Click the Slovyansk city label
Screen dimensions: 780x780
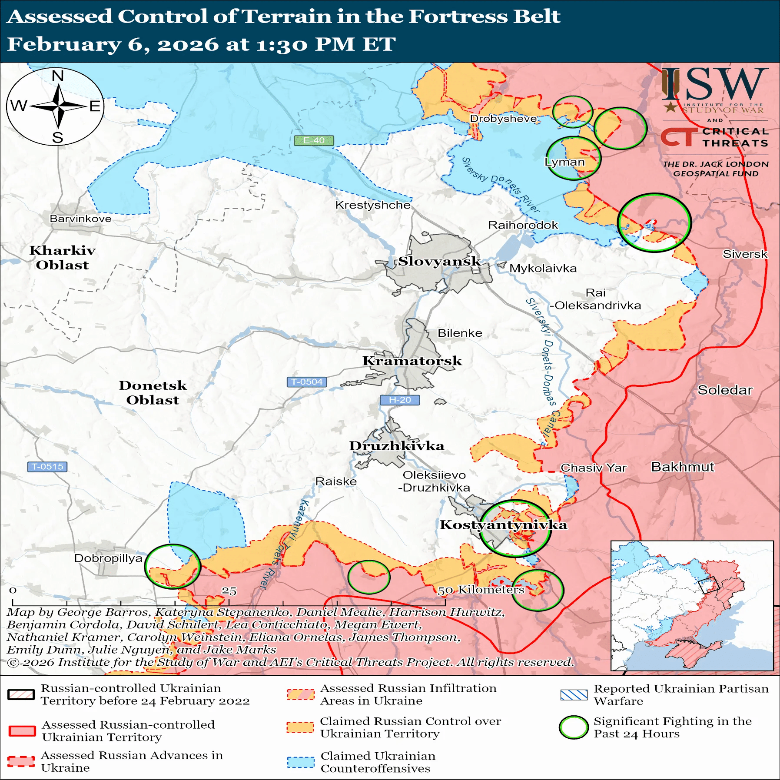click(x=439, y=261)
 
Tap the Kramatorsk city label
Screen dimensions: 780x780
click(x=412, y=361)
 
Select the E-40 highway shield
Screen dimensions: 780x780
click(x=314, y=140)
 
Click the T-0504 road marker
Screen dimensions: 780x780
click(x=307, y=382)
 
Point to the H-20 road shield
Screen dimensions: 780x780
click(x=399, y=400)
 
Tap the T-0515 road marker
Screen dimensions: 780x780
click(x=47, y=467)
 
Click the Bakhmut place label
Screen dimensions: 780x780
click(x=682, y=467)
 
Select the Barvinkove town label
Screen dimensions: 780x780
click(x=80, y=219)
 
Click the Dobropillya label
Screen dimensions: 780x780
click(x=108, y=558)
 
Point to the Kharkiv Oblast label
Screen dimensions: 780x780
click(x=62, y=257)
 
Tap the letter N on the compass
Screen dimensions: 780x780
click(x=57, y=76)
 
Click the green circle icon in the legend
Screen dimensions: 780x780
click(x=574, y=727)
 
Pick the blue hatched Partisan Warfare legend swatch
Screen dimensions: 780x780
click(x=574, y=695)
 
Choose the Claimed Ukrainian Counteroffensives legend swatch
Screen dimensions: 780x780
click(x=300, y=762)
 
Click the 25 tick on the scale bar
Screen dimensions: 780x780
click(x=229, y=591)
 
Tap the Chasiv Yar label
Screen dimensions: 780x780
click(x=593, y=468)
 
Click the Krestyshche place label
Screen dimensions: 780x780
click(x=373, y=205)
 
